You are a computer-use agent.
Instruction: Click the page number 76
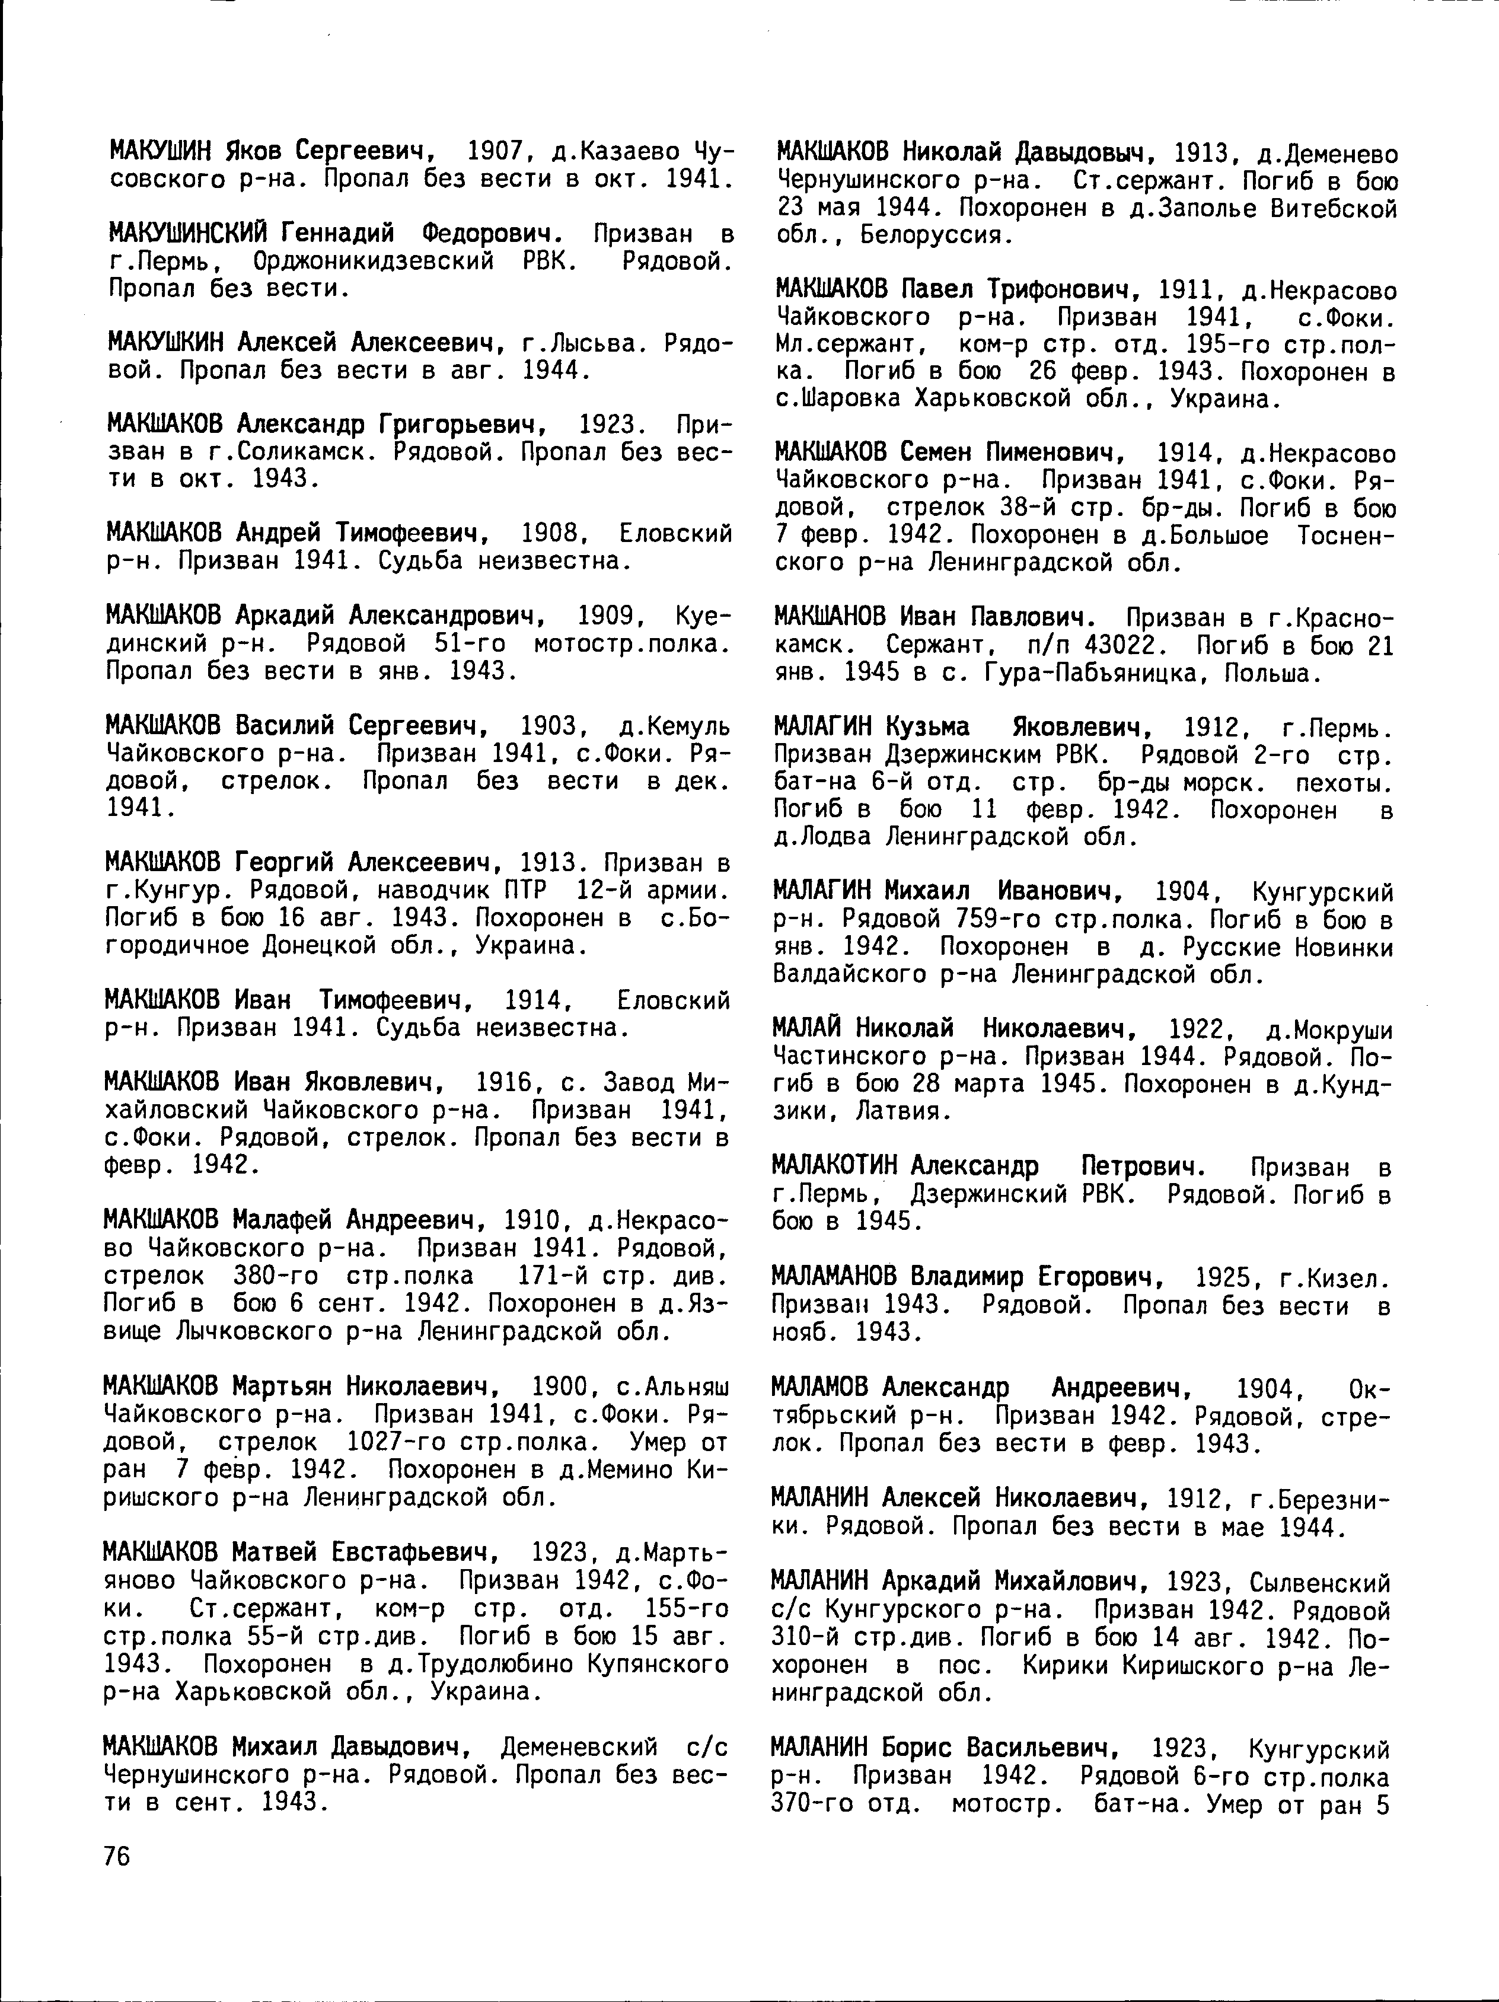click(x=117, y=1856)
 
